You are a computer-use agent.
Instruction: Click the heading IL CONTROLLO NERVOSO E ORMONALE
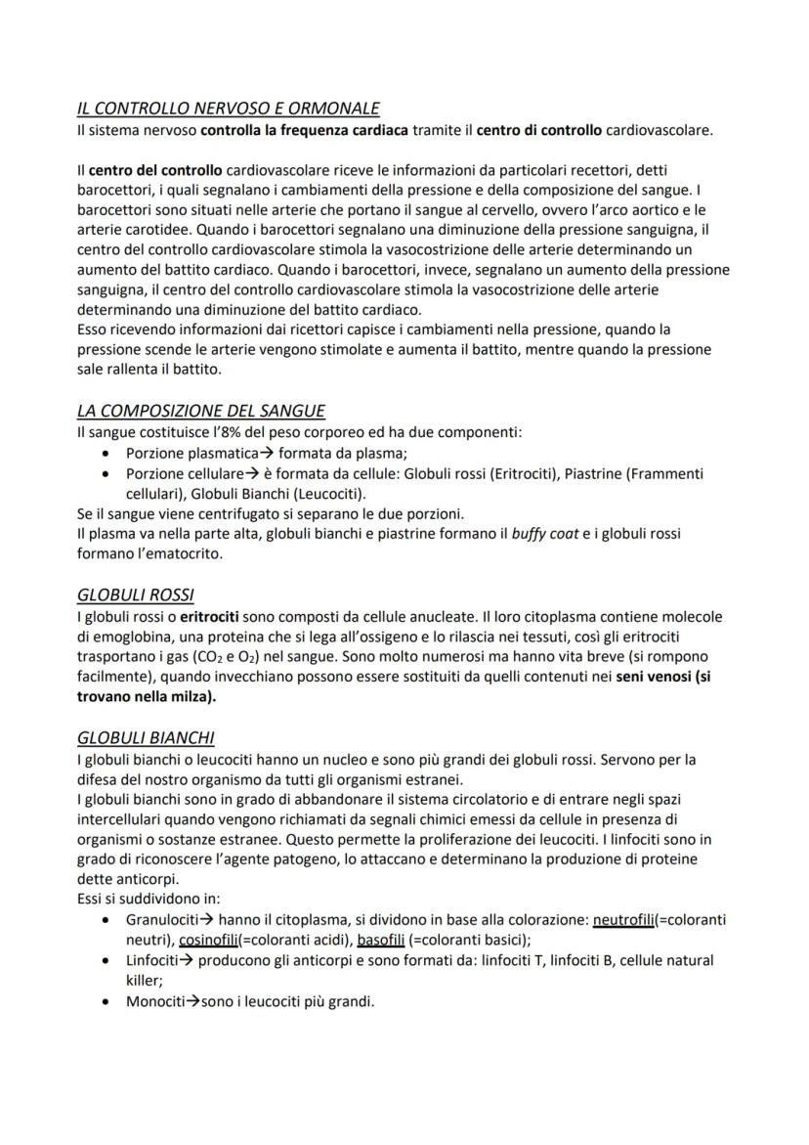tap(228, 108)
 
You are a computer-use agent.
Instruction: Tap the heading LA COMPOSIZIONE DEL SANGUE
tap(200, 411)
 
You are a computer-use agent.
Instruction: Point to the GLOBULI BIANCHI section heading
tap(145, 738)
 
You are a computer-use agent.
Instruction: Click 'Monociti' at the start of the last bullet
tap(155, 1001)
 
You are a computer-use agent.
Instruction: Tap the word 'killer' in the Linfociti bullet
tap(143, 980)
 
